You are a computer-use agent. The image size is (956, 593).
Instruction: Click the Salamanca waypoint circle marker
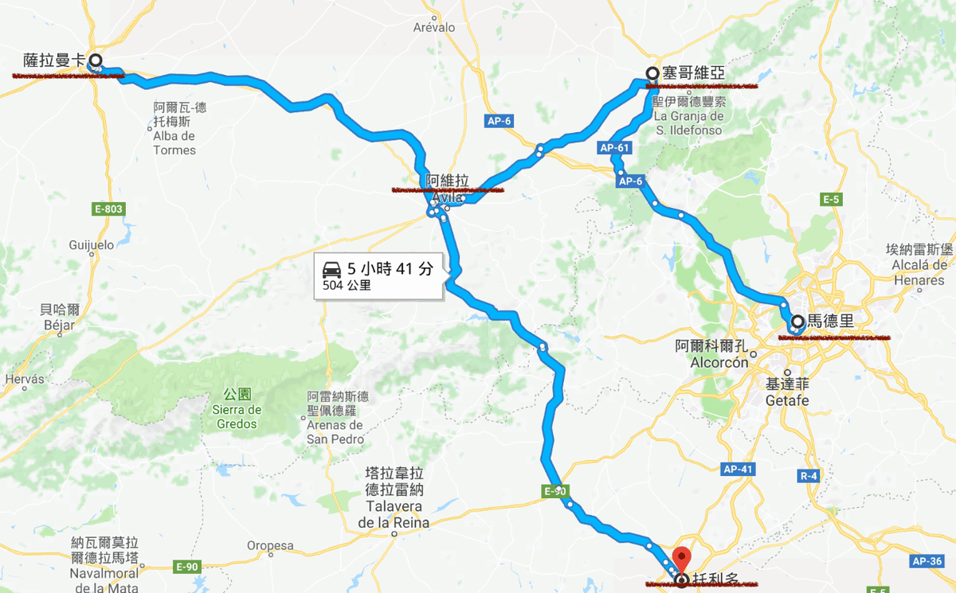click(95, 60)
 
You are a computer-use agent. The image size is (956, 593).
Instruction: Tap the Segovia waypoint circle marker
click(652, 73)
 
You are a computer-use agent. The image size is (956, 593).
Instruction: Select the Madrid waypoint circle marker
click(797, 322)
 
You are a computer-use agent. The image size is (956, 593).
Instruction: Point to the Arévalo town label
click(434, 28)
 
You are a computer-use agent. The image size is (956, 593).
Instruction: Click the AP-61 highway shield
click(615, 147)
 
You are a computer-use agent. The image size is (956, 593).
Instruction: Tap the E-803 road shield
click(109, 209)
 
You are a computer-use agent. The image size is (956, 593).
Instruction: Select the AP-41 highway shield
click(739, 470)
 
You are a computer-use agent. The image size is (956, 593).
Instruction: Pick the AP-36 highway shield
click(929, 561)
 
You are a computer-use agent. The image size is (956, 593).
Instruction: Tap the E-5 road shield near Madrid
click(832, 198)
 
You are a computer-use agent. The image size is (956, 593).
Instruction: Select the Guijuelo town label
click(92, 244)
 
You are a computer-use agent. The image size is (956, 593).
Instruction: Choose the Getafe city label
click(787, 400)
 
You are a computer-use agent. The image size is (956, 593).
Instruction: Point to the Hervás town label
click(25, 380)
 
